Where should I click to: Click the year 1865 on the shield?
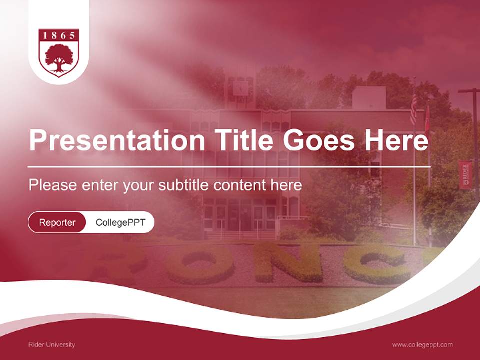point(59,36)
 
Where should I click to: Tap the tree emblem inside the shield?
point(59,58)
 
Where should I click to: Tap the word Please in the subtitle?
point(52,185)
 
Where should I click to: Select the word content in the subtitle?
point(241,185)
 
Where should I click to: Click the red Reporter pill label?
point(57,222)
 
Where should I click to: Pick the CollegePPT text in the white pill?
point(120,222)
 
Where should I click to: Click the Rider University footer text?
point(52,345)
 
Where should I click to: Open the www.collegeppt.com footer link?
point(422,345)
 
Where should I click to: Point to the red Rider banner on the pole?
point(465,175)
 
